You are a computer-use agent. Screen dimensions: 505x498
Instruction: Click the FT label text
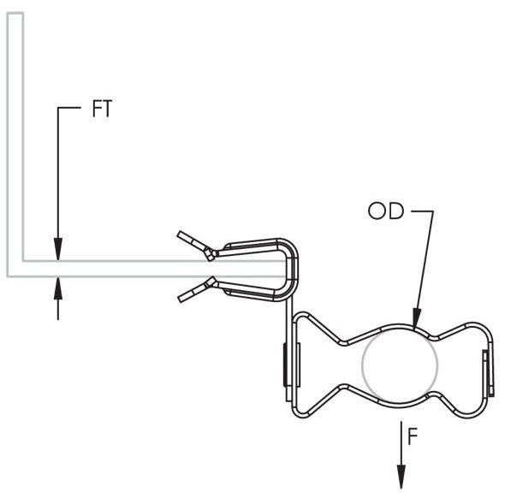pyautogui.click(x=102, y=109)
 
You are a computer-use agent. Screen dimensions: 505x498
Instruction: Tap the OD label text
pyautogui.click(x=386, y=210)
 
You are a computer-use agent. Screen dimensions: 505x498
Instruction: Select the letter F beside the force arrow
pyautogui.click(x=413, y=436)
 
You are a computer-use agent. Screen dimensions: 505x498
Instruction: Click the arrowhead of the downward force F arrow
pyautogui.click(x=401, y=477)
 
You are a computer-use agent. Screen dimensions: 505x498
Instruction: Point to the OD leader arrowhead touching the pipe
pyautogui.click(x=417, y=317)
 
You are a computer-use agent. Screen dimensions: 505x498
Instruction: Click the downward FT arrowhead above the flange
pyautogui.click(x=58, y=249)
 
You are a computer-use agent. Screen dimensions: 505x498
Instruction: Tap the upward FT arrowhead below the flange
pyautogui.click(x=58, y=288)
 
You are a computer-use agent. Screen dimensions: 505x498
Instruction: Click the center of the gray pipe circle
pyautogui.click(x=400, y=364)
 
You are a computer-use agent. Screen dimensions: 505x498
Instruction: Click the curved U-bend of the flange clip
pyautogui.click(x=292, y=270)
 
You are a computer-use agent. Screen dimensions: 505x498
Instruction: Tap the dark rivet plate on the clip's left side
pyautogui.click(x=285, y=365)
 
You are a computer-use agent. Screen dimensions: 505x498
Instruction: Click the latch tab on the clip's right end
pyautogui.click(x=488, y=373)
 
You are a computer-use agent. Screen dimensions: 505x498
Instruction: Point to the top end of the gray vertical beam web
pyautogui.click(x=15, y=13)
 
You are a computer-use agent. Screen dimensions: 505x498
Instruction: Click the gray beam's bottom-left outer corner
pyautogui.click(x=8, y=276)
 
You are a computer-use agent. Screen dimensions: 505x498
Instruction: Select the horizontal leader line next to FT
pyautogui.click(x=69, y=108)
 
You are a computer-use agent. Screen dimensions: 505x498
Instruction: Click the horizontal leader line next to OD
pyautogui.click(x=422, y=211)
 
